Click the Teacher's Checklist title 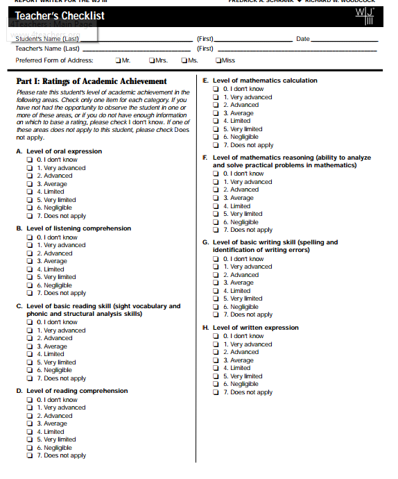60,15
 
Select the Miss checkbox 218,60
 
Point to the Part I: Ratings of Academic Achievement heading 92,81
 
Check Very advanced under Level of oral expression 30,168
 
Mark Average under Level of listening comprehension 30,262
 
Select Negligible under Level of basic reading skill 30,371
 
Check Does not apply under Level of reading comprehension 30,455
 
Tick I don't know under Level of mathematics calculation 216,89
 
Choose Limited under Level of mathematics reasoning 216,206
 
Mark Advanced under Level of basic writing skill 216,275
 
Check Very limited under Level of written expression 216,376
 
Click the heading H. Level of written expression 250,328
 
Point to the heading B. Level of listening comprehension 73,228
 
